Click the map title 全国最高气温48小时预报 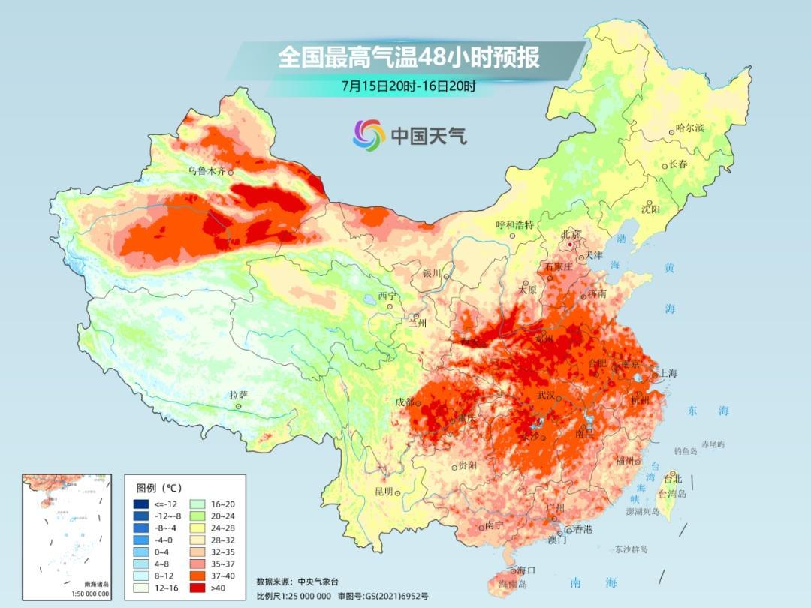pyautogui.click(x=409, y=57)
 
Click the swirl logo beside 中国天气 pyautogui.click(x=369, y=134)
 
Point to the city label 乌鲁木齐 pyautogui.click(x=206, y=171)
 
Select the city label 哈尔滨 pyautogui.click(x=690, y=128)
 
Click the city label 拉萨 pyautogui.click(x=238, y=395)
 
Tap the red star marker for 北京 pyautogui.click(x=571, y=245)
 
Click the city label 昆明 pyautogui.click(x=383, y=491)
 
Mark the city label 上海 pyautogui.click(x=668, y=373)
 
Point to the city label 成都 pyautogui.click(x=405, y=402)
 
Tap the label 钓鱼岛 pyautogui.click(x=686, y=451)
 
